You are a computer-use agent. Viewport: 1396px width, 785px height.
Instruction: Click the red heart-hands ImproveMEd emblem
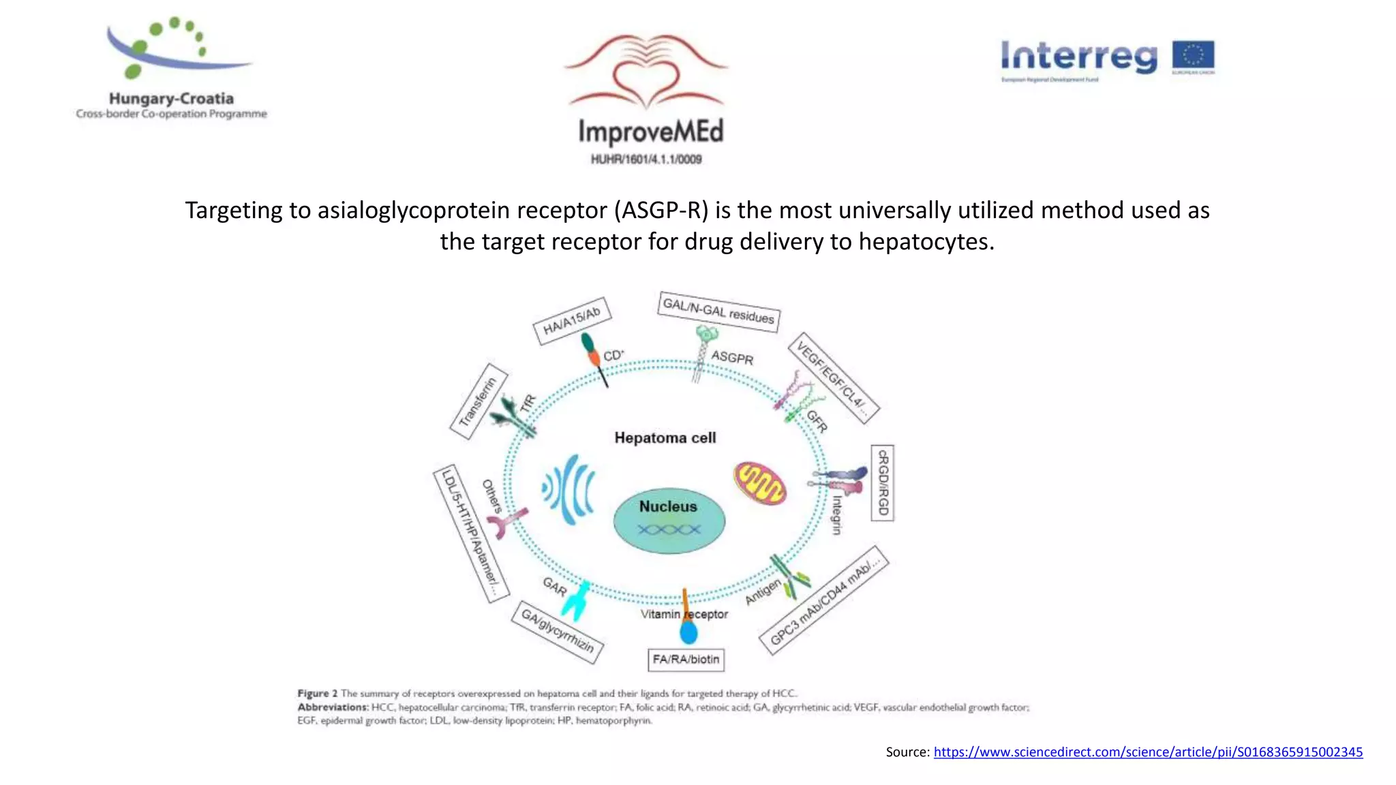pos(646,72)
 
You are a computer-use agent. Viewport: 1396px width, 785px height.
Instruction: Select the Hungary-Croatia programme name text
pos(171,99)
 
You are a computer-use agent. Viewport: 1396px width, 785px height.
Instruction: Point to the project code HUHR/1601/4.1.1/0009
pos(646,159)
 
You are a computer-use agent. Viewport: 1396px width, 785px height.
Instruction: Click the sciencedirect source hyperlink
pos(1148,752)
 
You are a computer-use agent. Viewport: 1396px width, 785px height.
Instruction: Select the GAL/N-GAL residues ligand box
pos(718,312)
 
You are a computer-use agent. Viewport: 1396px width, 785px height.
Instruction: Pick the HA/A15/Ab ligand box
pos(571,321)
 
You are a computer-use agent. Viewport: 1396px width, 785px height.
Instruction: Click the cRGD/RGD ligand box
pos(883,482)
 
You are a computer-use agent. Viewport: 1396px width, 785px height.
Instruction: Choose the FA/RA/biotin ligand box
pos(686,660)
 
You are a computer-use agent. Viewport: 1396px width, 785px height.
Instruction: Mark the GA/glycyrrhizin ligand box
pos(558,632)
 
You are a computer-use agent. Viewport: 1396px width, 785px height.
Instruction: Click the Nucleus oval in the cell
pos(669,521)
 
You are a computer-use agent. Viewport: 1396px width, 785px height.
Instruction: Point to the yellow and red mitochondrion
pos(760,483)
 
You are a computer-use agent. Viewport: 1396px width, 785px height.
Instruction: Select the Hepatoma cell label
pos(665,438)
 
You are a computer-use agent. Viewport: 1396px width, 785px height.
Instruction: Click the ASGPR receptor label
pos(732,358)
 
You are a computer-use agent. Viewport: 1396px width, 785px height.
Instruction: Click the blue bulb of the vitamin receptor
pos(689,633)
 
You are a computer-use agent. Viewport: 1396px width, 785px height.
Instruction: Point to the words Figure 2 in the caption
pos(317,694)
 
